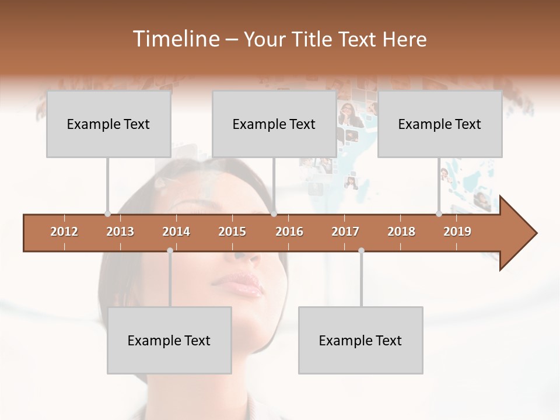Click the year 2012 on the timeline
tap(64, 232)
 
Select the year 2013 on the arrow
tap(120, 232)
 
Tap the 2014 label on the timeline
tap(176, 232)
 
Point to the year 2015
tap(232, 232)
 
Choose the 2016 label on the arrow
tap(289, 232)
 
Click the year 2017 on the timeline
tap(345, 232)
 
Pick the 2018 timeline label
tap(401, 232)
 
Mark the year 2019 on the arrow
tap(457, 232)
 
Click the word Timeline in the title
tap(175, 39)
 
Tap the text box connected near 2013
tap(108, 124)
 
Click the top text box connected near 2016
tap(274, 124)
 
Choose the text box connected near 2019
tap(440, 124)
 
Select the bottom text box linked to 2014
tap(169, 340)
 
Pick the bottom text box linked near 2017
tap(360, 340)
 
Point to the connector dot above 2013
tap(107, 213)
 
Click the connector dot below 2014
tap(170, 250)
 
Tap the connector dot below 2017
tap(361, 250)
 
